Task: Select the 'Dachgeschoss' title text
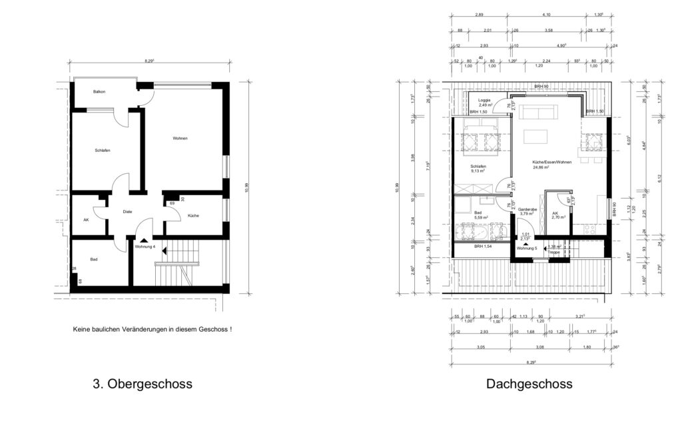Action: point(529,384)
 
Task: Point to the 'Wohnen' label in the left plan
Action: point(180,139)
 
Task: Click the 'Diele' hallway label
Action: point(127,212)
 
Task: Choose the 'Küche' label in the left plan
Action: point(193,216)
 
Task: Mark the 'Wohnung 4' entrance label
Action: point(145,246)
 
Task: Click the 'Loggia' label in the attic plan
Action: point(485,101)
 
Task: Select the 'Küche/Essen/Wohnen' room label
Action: point(551,162)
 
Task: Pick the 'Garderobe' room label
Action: point(527,209)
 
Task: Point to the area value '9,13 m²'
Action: point(478,171)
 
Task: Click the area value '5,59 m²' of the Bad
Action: point(480,218)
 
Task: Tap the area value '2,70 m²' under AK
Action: point(557,218)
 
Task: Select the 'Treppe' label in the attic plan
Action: point(554,252)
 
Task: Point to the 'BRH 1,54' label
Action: point(483,246)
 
